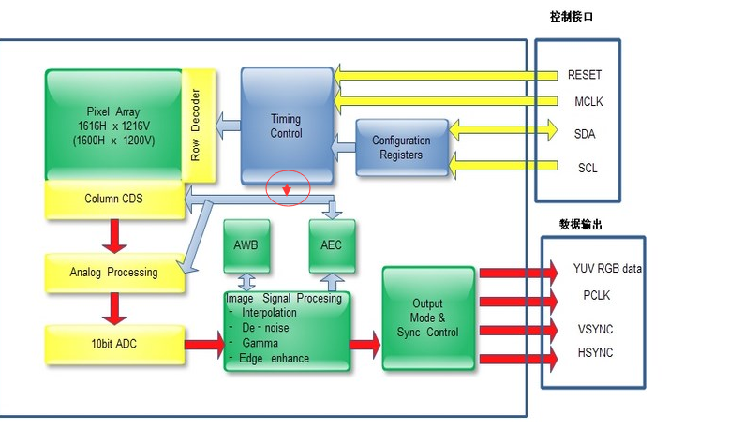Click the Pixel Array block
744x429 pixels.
[112, 125]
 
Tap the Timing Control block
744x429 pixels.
[287, 126]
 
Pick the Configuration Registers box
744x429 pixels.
[401, 147]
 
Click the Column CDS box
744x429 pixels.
[114, 198]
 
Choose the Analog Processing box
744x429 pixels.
[114, 273]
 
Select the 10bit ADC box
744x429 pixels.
[114, 345]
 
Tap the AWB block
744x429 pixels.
[246, 245]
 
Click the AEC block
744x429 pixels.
[331, 245]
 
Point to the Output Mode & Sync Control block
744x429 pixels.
[428, 318]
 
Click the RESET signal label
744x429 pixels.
[585, 75]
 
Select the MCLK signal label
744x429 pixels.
[585, 102]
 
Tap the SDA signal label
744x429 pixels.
[585, 134]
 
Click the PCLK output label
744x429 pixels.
[597, 296]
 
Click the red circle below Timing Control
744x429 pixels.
[289, 188]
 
